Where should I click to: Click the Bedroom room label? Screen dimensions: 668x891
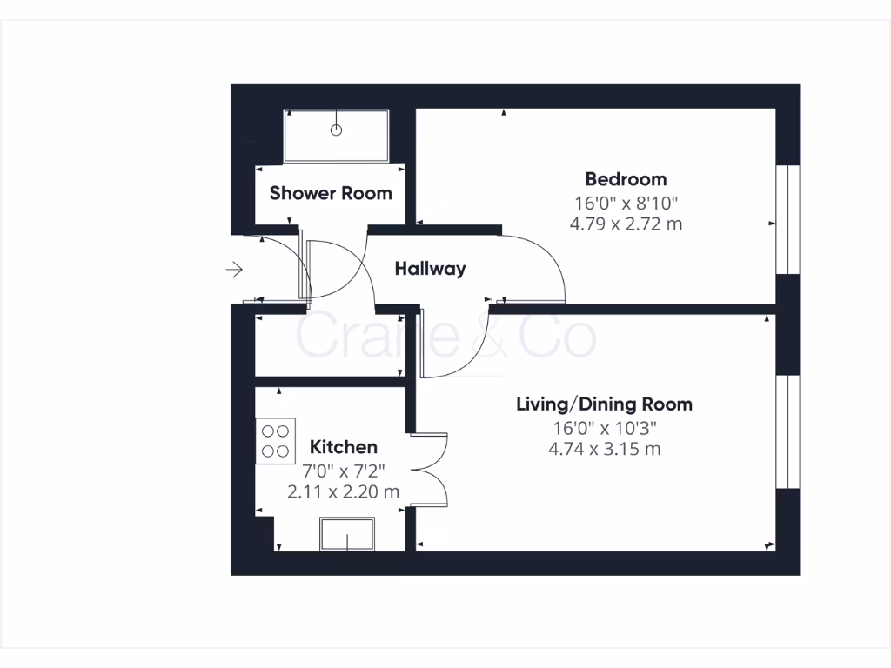pos(626,179)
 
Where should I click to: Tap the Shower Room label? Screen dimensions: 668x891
pos(331,193)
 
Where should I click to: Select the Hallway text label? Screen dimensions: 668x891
pos(430,269)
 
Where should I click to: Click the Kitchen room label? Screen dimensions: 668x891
pos(344,447)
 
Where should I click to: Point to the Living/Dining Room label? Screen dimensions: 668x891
pos(604,404)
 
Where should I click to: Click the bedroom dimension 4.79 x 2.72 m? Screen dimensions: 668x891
pos(626,224)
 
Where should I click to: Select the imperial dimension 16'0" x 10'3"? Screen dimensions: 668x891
pos(604,427)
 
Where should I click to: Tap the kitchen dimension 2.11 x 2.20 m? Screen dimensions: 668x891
pos(344,491)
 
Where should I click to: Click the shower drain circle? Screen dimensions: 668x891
pos(337,130)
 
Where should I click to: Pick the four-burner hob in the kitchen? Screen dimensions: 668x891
pos(276,440)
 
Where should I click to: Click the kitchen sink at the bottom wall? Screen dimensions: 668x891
pos(347,534)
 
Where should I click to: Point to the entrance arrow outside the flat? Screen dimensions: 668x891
pos(233,271)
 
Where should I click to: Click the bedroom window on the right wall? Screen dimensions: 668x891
pos(787,218)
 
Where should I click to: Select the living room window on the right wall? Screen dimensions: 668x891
pos(787,431)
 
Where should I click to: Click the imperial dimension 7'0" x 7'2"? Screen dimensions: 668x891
pos(344,470)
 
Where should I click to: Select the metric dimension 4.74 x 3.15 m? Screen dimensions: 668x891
pos(604,449)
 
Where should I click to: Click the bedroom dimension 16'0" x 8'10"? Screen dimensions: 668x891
pos(626,203)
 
